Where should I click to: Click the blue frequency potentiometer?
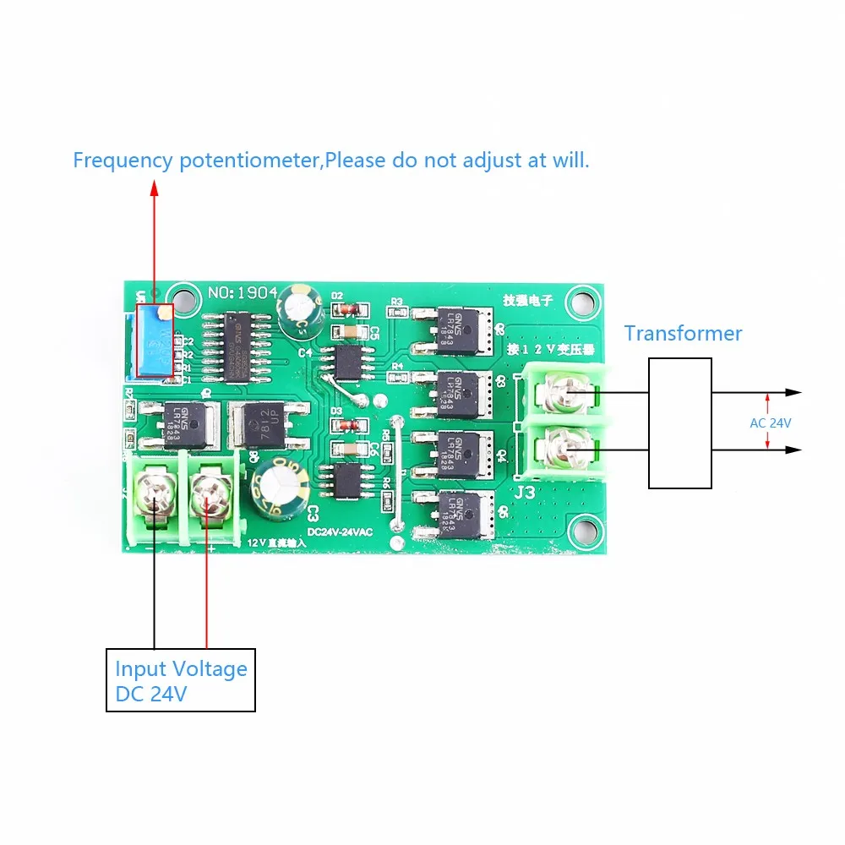[154, 343]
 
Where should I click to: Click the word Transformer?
[683, 333]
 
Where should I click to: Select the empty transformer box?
[679, 422]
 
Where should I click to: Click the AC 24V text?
[770, 422]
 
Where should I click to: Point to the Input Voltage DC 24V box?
[180, 681]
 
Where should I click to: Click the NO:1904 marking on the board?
[243, 292]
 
